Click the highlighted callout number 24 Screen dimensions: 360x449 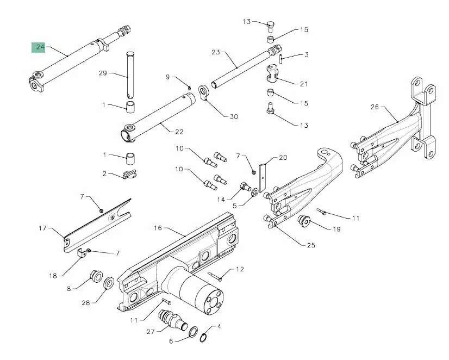click(x=40, y=48)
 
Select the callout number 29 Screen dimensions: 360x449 click(x=103, y=73)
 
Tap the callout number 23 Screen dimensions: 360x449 click(x=215, y=52)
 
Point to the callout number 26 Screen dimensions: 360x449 click(x=375, y=107)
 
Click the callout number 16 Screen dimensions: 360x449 click(x=158, y=228)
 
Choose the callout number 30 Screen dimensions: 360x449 click(x=234, y=116)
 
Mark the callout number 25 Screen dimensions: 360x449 click(x=311, y=245)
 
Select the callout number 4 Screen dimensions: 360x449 click(x=219, y=327)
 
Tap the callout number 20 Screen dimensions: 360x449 click(x=283, y=158)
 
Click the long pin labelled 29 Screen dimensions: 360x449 click(x=130, y=73)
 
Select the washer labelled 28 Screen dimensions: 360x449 click(x=108, y=283)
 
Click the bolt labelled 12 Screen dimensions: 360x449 click(x=214, y=275)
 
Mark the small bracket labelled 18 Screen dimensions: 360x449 click(x=81, y=252)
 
